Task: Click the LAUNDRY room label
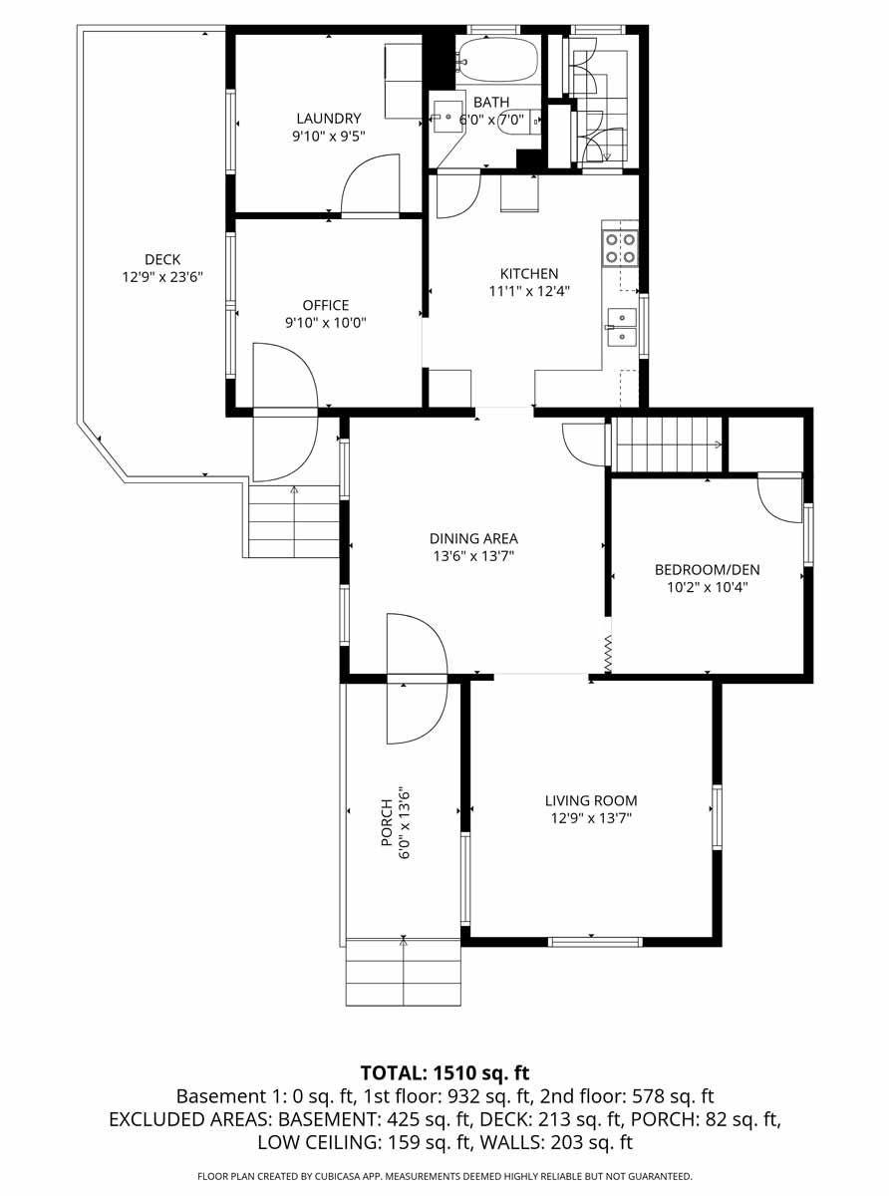329,118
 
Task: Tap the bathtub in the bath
497,59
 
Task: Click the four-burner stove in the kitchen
620,248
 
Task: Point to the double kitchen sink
622,327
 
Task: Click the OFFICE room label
326,305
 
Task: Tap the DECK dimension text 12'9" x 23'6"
162,277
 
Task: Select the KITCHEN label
529,273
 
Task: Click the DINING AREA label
473,538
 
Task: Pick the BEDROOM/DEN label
708,569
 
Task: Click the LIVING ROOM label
591,800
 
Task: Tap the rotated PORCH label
387,822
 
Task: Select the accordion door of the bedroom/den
608,654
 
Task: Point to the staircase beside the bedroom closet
669,445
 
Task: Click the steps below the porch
404,972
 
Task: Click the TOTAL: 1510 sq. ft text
444,1072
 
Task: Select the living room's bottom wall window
595,942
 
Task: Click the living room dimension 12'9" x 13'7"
591,818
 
